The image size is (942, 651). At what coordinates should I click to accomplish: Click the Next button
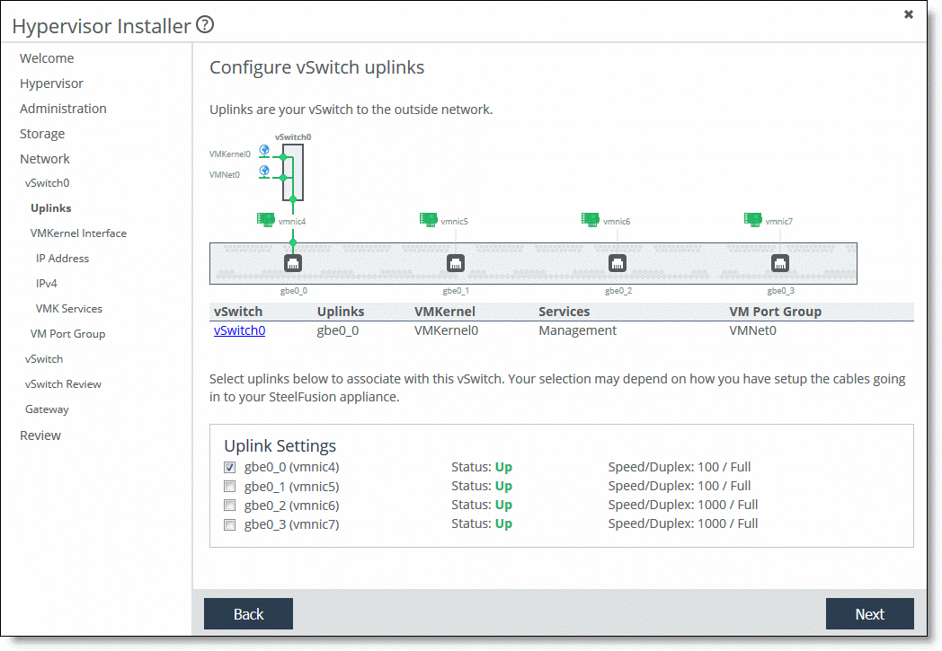tap(869, 613)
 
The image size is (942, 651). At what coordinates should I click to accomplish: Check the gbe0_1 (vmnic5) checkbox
tap(229, 486)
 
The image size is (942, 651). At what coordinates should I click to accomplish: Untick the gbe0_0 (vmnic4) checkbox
tap(229, 467)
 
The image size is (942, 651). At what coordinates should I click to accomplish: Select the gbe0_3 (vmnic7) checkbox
tap(229, 524)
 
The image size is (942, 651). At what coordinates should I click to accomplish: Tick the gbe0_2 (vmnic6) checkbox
tap(229, 506)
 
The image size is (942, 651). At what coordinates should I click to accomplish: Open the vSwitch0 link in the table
tap(239, 330)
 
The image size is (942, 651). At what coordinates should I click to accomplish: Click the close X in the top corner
tap(909, 14)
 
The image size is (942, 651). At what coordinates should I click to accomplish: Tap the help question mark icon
tap(205, 24)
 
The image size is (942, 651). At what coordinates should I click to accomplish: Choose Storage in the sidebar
tap(42, 134)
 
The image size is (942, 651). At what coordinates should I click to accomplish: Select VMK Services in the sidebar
tap(69, 308)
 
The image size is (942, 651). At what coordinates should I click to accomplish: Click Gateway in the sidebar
tap(47, 409)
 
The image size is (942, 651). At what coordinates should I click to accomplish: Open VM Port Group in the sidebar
tap(68, 334)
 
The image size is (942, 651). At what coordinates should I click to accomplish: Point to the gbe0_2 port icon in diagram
tap(618, 263)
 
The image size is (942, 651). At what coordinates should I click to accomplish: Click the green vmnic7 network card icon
tap(752, 219)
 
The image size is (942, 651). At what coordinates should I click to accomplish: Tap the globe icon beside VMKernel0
tap(264, 150)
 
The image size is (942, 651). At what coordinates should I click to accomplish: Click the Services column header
tap(564, 312)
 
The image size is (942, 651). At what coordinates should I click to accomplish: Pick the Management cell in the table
tap(577, 330)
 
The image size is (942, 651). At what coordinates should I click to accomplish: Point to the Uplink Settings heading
tap(280, 445)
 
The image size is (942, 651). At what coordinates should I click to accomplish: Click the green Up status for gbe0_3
tap(503, 523)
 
